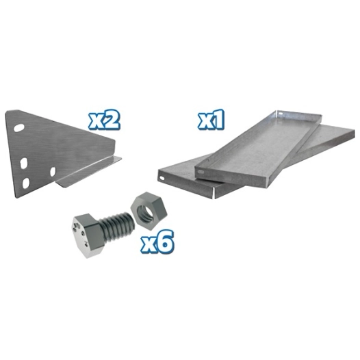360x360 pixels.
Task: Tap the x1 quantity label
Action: [x=213, y=120]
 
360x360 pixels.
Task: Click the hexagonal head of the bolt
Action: [x=86, y=232]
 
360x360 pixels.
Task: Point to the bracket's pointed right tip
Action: [x=120, y=159]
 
